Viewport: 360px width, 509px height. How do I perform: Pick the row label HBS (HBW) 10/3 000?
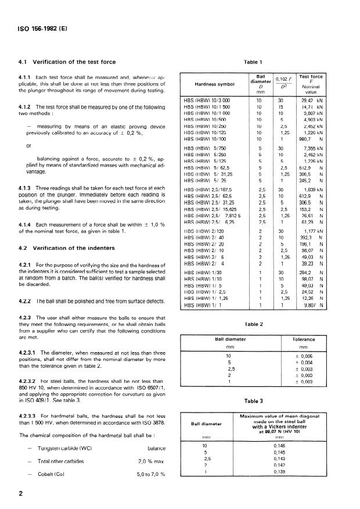(x=207, y=101)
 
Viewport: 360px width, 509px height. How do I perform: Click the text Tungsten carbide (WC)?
(x=60, y=448)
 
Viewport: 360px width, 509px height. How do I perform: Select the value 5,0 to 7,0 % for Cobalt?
(x=152, y=474)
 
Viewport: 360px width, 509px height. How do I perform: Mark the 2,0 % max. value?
(x=152, y=461)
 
